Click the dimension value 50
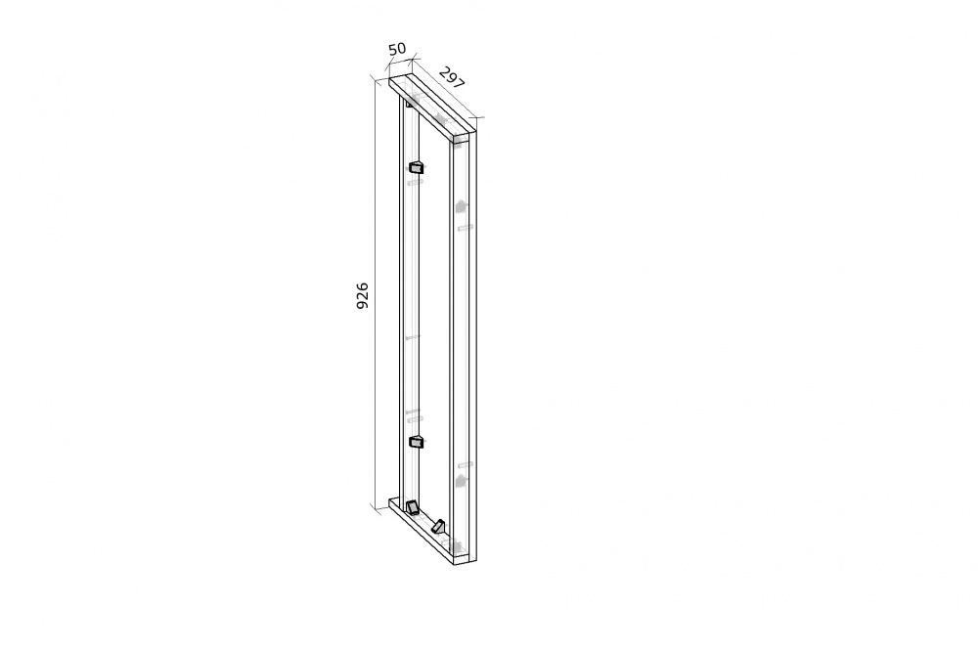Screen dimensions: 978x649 [x=397, y=48]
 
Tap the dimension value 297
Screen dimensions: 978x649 [x=452, y=77]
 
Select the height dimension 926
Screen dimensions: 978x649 [x=363, y=295]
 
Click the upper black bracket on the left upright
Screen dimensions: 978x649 [x=416, y=166]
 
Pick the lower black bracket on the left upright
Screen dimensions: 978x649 [x=416, y=442]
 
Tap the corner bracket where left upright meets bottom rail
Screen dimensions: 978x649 [x=412, y=506]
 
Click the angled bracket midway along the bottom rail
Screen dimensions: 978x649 [x=438, y=526]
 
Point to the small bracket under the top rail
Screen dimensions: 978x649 [x=409, y=104]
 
